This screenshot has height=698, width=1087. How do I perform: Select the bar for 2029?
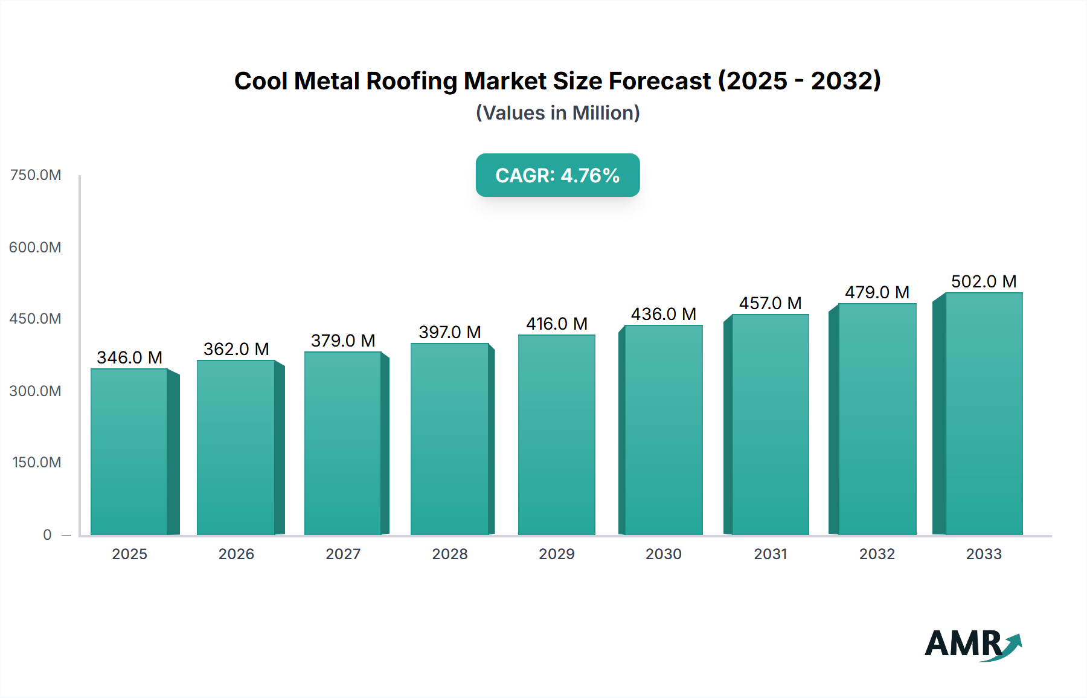tap(556, 435)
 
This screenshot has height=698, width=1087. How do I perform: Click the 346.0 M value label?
tap(129, 357)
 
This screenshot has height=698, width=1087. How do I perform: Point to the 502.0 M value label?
tap(983, 281)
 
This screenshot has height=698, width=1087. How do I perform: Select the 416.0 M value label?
tap(556, 324)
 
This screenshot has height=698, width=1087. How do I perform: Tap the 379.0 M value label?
tap(343, 341)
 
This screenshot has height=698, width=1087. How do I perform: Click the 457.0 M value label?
tap(770, 303)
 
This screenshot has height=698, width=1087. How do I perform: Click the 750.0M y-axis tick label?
tap(36, 175)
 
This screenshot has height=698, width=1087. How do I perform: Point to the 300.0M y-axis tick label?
tap(36, 391)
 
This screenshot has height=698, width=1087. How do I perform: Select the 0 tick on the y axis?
tap(47, 534)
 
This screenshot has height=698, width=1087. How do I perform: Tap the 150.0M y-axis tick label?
tap(37, 463)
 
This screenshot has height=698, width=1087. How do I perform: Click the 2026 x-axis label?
tap(236, 554)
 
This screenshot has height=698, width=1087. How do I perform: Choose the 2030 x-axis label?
tap(663, 554)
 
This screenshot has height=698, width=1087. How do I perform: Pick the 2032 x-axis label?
tap(877, 554)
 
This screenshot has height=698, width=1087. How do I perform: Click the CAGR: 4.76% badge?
tap(557, 175)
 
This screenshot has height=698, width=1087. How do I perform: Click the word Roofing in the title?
tap(411, 81)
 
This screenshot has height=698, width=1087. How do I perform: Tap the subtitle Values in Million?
tap(557, 113)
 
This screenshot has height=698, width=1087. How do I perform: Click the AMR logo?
tap(972, 644)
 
